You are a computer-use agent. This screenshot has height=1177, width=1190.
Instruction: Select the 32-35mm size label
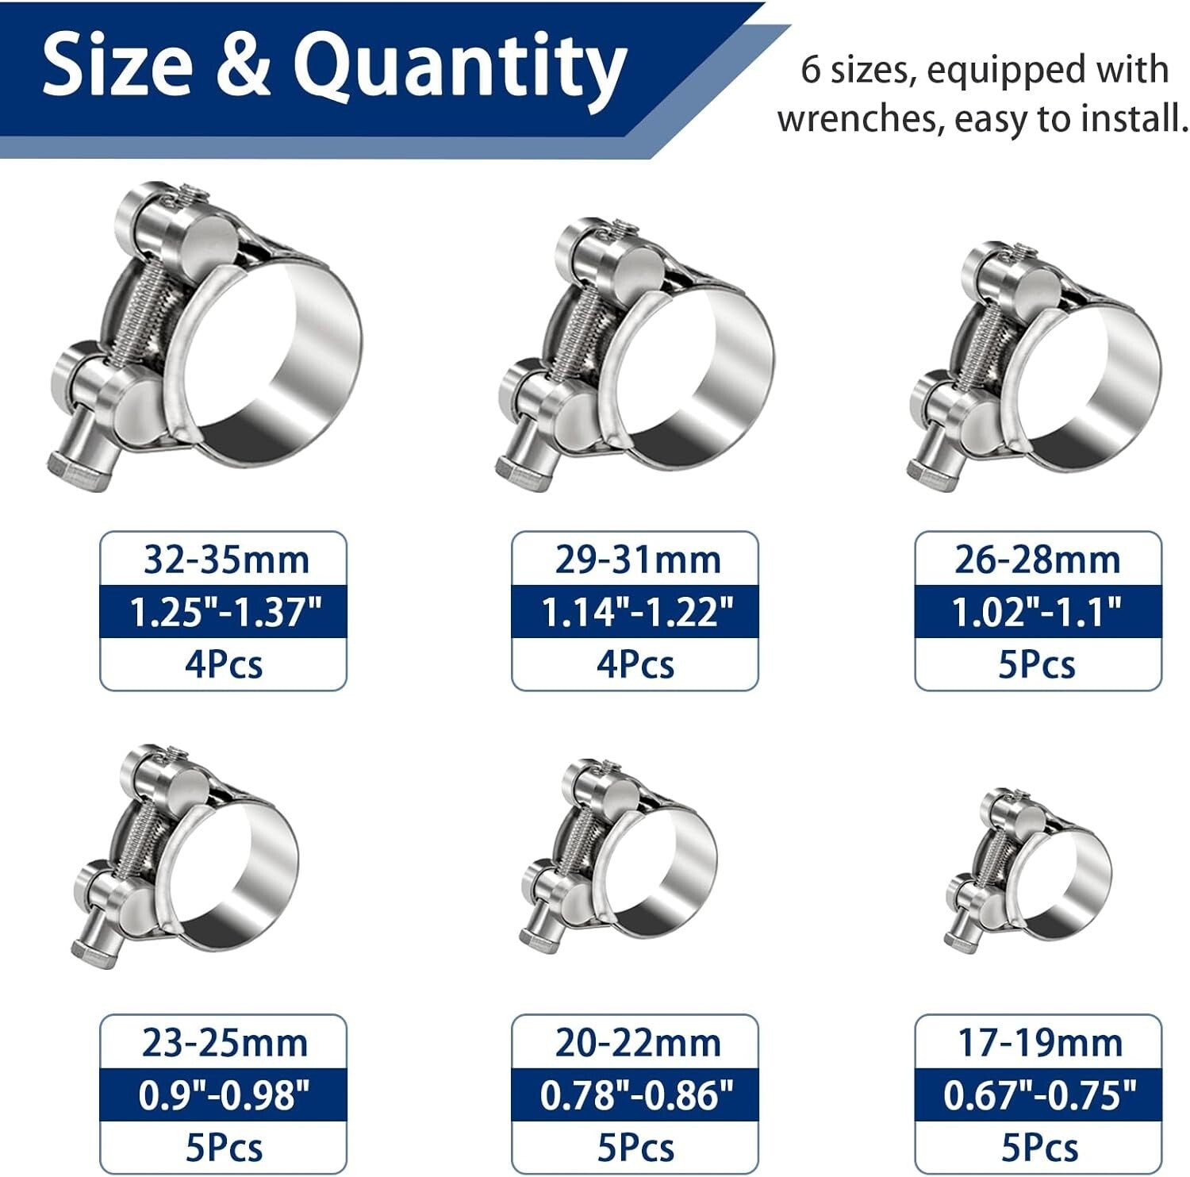(225, 560)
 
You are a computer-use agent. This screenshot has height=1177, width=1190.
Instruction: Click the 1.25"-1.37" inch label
(225, 612)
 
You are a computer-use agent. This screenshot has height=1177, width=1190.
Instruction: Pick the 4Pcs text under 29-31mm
(635, 664)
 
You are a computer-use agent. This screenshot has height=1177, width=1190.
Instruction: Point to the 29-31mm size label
(637, 560)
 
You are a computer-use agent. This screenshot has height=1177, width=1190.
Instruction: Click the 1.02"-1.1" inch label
(1037, 612)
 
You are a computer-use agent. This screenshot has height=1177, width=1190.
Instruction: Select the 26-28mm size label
(1037, 560)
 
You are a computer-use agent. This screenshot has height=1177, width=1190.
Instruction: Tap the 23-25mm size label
(225, 1043)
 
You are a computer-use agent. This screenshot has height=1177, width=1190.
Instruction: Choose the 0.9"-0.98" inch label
(224, 1095)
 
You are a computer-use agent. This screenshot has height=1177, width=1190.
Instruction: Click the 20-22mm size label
(637, 1043)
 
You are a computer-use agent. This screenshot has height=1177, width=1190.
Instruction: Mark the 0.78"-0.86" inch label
(636, 1095)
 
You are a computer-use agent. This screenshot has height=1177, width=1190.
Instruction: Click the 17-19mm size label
(1039, 1043)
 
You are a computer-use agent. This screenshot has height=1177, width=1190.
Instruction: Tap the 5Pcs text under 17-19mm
(1039, 1148)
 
